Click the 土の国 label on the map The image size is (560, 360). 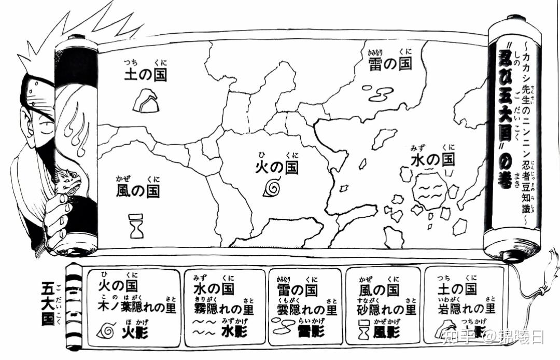pyautogui.click(x=146, y=75)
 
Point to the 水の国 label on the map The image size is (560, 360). pyautogui.click(x=432, y=159)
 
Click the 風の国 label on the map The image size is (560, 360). pyautogui.click(x=138, y=190)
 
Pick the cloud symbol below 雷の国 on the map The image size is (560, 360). pyautogui.click(x=381, y=93)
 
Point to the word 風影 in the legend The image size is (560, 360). pyautogui.click(x=387, y=333)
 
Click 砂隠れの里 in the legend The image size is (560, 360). pyautogui.click(x=387, y=310)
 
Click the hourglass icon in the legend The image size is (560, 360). pyautogui.click(x=363, y=330)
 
